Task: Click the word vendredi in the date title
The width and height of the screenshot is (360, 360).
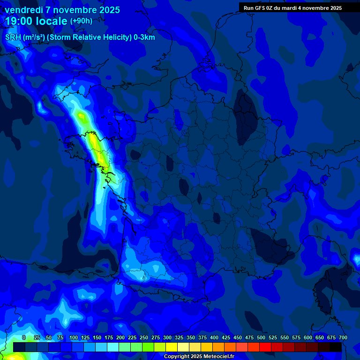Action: [x=23, y=10]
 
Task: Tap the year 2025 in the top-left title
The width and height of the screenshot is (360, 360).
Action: [x=107, y=10]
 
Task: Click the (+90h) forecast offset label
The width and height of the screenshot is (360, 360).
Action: [x=81, y=21]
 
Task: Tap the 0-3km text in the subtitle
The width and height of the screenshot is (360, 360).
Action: [x=144, y=37]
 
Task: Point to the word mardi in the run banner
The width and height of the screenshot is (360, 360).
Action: [x=291, y=8]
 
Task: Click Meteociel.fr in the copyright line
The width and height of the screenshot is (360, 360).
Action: [x=218, y=357]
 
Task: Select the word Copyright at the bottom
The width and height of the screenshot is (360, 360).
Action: [x=177, y=357]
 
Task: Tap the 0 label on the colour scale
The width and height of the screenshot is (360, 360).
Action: [x=24, y=337]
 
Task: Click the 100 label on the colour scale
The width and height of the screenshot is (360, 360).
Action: [x=74, y=337]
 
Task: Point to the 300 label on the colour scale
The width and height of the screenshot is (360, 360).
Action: [x=167, y=337]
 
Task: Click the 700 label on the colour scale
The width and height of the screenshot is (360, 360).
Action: [x=343, y=337]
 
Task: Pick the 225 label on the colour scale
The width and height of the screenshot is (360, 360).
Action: [x=132, y=337]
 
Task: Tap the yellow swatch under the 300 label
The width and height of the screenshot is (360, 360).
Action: [x=171, y=347]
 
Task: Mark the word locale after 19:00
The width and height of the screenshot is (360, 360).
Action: [x=51, y=21]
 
